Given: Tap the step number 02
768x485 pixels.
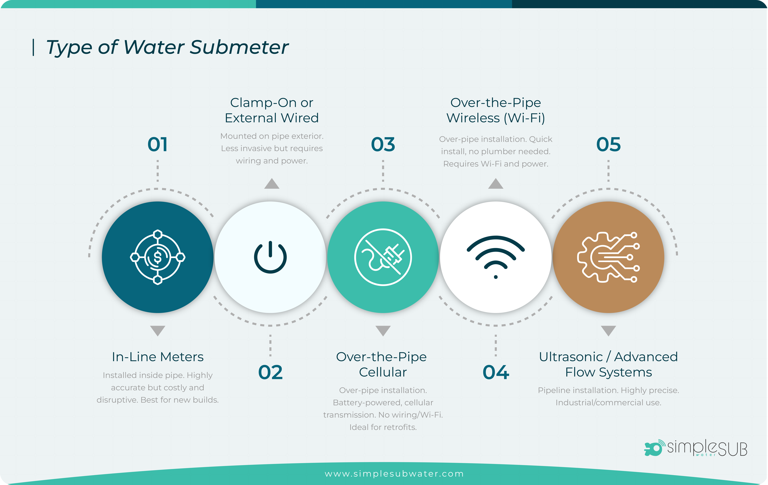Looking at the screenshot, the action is pyautogui.click(x=270, y=372).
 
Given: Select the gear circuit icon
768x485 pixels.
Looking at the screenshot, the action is pyautogui.click(x=609, y=257).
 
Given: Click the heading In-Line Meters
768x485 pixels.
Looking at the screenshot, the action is pyautogui.click(x=158, y=357).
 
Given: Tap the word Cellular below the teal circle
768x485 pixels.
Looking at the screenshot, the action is pyautogui.click(x=383, y=372).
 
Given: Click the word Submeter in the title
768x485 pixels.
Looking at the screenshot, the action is pyautogui.click(x=239, y=47).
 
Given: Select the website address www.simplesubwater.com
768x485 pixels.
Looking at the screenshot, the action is pyautogui.click(x=394, y=474).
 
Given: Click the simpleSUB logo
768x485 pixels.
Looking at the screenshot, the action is pyautogui.click(x=696, y=448).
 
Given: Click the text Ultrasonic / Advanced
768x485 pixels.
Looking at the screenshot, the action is pyautogui.click(x=609, y=357).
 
